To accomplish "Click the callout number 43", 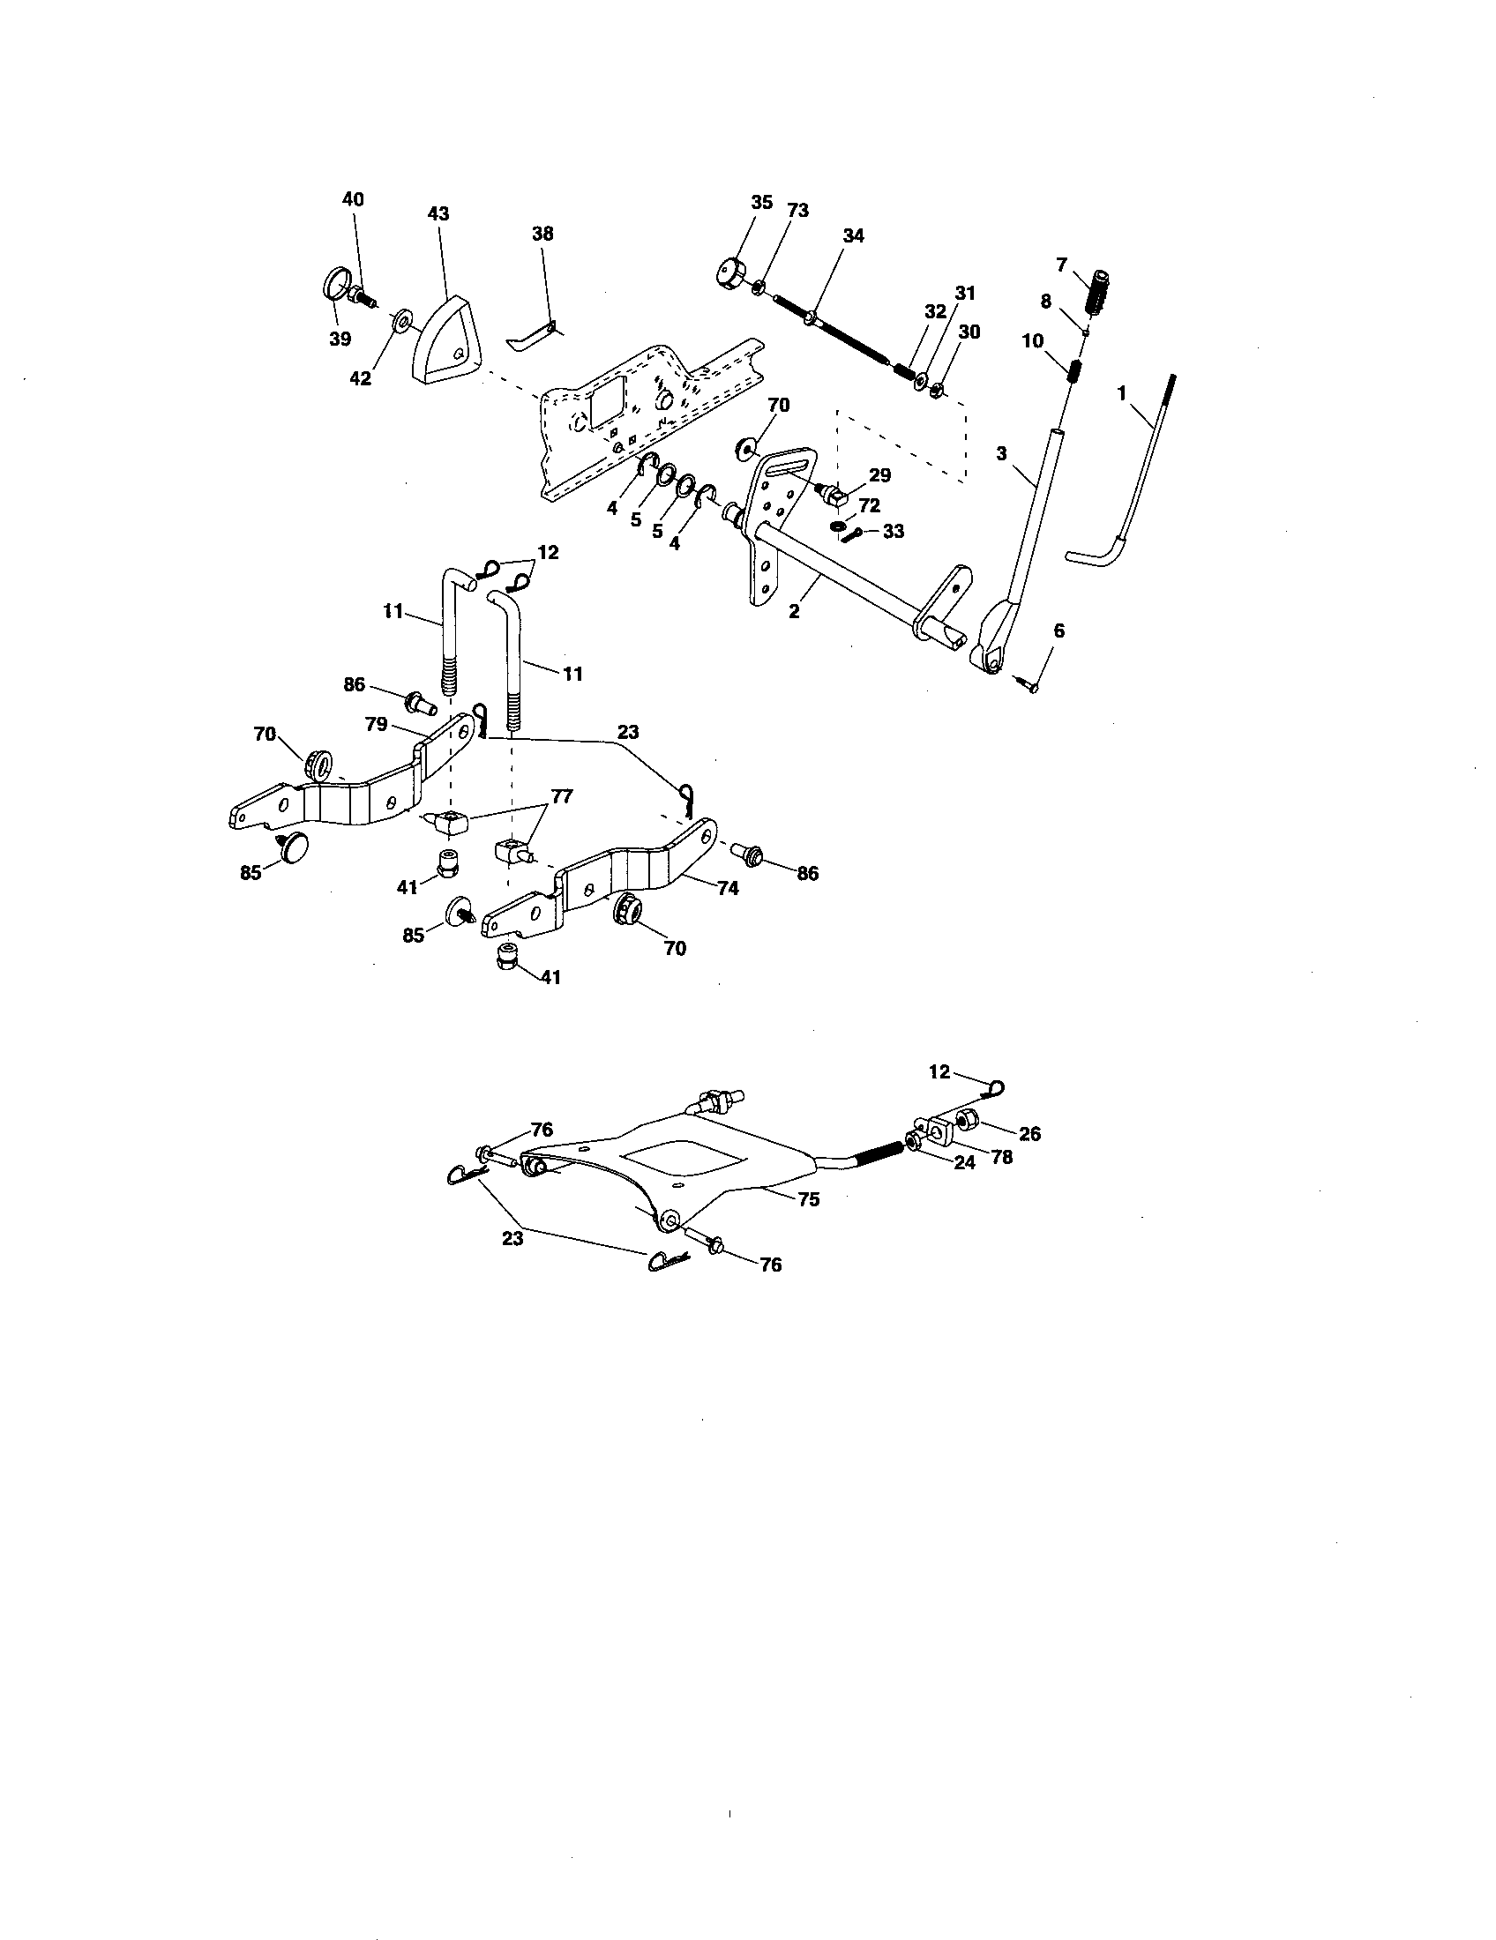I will pos(438,214).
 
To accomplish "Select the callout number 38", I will pos(542,234).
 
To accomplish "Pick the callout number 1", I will pos(1121,392).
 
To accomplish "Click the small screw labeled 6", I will pos(1032,685).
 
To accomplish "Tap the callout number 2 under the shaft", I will pos(794,611).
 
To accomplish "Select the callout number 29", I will pos(879,476).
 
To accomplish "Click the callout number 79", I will pos(376,724).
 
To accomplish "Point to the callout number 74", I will pos(728,887).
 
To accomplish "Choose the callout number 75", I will pos(808,1199).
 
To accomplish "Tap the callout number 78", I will pos(1001,1159).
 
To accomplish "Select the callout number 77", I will pos(563,796).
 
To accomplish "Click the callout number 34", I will pos(853,236).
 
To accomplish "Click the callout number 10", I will pos(1032,341).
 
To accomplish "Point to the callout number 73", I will pos(797,211).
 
